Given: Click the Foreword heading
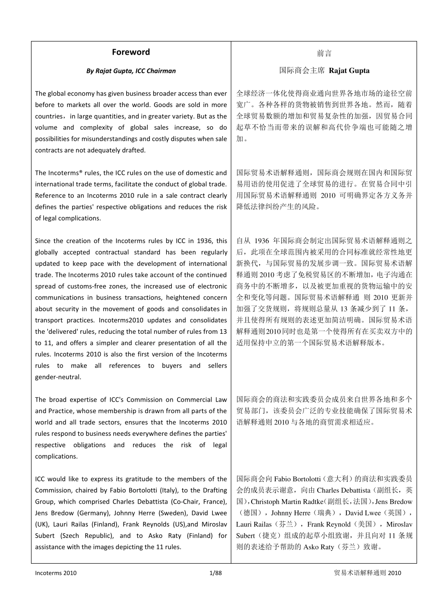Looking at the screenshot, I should pyautogui.click(x=131, y=52).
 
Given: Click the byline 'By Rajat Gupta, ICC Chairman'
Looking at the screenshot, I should pyautogui.click(x=131, y=71).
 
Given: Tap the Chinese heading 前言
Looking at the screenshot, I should pyautogui.click(x=324, y=53).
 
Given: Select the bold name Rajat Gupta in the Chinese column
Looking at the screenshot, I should pyautogui.click(x=349, y=71).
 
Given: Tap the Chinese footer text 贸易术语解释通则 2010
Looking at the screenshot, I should pyautogui.click(x=367, y=573).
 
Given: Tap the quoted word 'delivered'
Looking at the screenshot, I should pyautogui.click(x=62, y=331).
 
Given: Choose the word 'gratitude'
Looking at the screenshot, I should pyautogui.click(x=137, y=479).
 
